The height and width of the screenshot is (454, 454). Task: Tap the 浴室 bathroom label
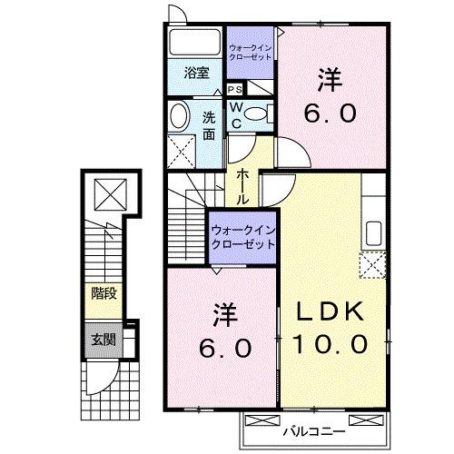pos(197,72)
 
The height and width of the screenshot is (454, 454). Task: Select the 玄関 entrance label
pos(104,341)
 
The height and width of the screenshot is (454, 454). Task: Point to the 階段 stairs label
pos(104,293)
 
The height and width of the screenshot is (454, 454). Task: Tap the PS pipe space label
pos(234,90)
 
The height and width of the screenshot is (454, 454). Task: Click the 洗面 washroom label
pos(210,126)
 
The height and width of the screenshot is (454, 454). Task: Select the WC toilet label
pos(234,114)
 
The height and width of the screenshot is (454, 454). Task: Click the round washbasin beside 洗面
pos(179,115)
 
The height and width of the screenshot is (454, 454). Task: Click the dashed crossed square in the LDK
pos(373,265)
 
